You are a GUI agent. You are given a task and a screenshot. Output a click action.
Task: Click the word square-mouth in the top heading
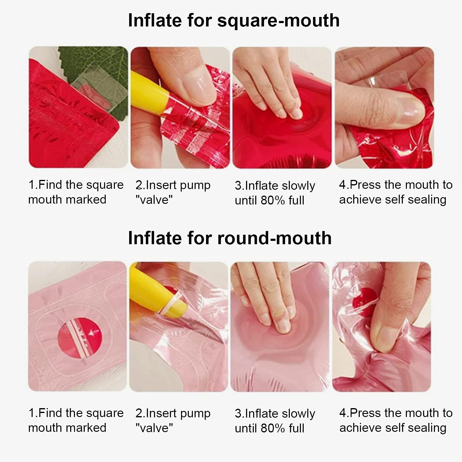(278, 21)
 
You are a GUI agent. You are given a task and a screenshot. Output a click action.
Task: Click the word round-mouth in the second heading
(274, 238)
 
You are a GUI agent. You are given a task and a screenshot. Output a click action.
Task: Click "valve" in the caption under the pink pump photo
(154, 428)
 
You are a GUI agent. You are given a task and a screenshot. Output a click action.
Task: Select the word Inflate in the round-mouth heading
(155, 238)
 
